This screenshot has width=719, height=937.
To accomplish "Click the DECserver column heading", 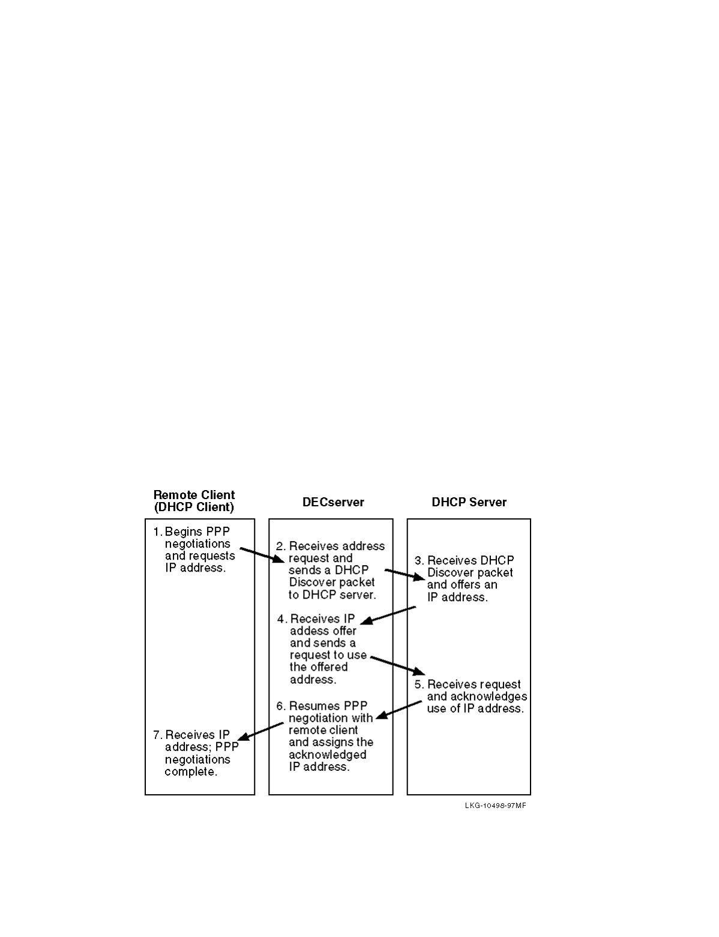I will [333, 503].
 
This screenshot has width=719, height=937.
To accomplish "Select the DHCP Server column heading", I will [469, 503].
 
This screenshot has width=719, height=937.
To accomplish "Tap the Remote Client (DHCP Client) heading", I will [194, 501].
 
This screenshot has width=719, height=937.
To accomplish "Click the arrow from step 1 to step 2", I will [261, 555].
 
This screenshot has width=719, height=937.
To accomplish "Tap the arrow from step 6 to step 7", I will [260, 731].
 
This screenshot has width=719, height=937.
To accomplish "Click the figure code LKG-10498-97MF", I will [495, 806].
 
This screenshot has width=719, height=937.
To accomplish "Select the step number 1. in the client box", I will [158, 531].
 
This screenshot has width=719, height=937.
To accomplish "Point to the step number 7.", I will [158, 735].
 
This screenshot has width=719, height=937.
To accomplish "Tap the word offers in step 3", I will [468, 585].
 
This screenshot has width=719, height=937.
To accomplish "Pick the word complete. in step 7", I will [191, 772].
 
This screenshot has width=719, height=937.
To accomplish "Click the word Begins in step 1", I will [184, 531].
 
